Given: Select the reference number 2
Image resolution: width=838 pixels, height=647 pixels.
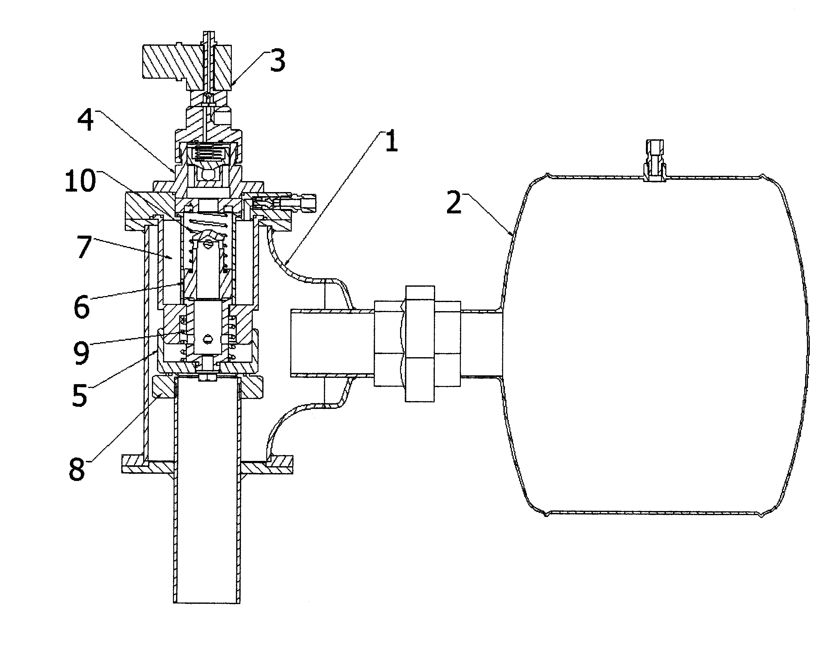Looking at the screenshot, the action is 454,202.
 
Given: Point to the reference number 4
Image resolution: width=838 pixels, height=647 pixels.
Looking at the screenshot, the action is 85,119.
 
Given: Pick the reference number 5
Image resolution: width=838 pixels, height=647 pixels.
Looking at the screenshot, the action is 80,396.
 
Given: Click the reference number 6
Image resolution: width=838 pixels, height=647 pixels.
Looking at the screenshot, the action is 81,307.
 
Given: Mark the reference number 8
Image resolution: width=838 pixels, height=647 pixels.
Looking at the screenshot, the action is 77,469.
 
